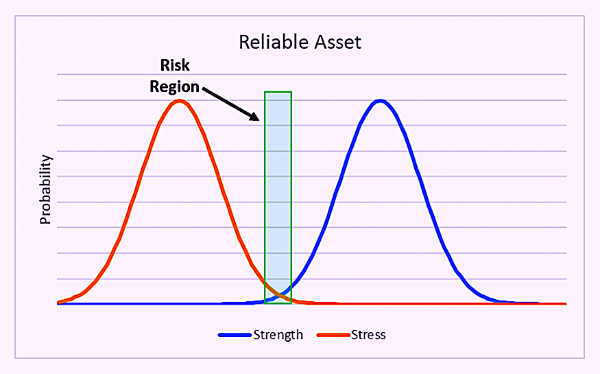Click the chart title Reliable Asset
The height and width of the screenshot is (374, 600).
300,42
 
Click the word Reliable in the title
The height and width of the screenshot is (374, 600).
273,42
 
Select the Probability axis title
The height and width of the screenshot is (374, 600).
45,189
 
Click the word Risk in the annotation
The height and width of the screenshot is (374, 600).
175,65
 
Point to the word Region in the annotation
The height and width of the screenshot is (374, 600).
174,87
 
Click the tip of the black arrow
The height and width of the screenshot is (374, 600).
259,120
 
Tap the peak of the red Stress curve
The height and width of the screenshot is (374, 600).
180,102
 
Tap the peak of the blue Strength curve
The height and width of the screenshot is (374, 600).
380,102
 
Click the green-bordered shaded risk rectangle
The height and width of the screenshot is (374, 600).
278,198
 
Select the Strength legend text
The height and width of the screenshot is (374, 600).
278,335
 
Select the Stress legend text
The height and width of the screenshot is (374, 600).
368,335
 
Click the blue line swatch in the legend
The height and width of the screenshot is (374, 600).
235,335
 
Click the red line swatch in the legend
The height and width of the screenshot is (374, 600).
333,335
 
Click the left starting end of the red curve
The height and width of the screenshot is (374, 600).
58,303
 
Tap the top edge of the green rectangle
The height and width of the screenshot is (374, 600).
278,92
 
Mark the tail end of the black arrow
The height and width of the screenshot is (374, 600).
203,89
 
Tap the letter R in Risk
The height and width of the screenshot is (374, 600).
165,65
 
